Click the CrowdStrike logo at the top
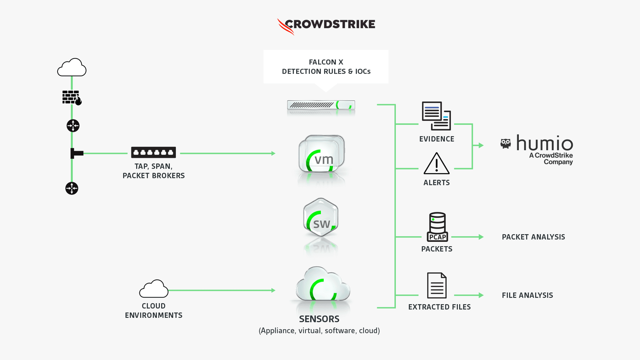tap(326, 25)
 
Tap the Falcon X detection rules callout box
tap(326, 67)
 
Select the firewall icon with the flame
tap(72, 98)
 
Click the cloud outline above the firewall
tap(72, 67)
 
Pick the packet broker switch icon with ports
tap(154, 152)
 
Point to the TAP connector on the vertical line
tap(76, 153)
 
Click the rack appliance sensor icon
tap(321, 105)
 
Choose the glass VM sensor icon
tap(322, 154)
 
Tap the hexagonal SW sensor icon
tap(321, 218)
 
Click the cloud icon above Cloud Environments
tap(154, 289)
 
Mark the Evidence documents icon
tap(436, 116)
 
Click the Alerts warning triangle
tap(436, 164)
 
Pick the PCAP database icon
tap(437, 226)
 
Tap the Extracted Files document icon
tap(437, 285)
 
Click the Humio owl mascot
tap(506, 144)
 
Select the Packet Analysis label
tap(533, 237)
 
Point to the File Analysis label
tap(527, 295)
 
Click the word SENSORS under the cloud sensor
tap(319, 319)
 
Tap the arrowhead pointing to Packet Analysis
tap(481, 237)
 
